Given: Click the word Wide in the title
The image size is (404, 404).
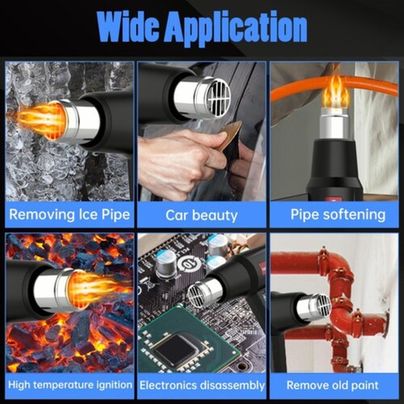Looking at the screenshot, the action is coord(128,27).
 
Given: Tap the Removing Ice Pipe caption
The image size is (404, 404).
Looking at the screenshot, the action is coord(69,215).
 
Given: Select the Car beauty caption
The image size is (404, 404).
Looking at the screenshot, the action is coord(201,216).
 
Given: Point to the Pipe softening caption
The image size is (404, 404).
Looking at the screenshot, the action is coord(338,215).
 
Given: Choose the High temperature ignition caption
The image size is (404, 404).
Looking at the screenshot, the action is coord(70,385).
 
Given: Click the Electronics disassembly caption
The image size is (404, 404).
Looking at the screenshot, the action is coord(202,385).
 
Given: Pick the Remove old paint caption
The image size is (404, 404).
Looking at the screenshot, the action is coord(332,385).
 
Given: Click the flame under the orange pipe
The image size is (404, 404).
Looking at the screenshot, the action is coord(336,92).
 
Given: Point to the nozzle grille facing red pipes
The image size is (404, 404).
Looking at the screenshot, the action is coord(323,306).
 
